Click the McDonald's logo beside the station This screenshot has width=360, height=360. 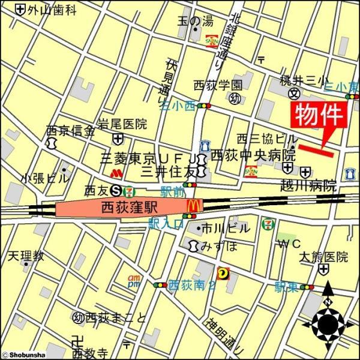[x=193, y=206]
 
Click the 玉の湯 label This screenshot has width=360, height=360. [x=195, y=22]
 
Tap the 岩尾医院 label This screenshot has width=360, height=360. [x=122, y=125]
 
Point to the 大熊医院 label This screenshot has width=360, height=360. [x=324, y=257]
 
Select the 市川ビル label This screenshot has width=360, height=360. [x=225, y=228]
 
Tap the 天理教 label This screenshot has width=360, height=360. [x=26, y=256]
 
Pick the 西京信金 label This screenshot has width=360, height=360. [x=70, y=130]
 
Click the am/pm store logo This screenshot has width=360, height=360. [x=134, y=280]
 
